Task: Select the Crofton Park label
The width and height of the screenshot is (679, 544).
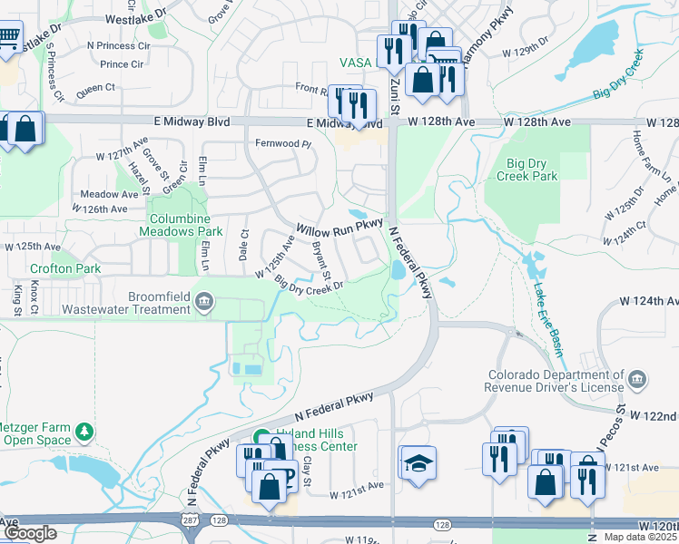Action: pyautogui.click(x=53, y=268)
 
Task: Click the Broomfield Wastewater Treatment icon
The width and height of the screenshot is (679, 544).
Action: pyautogui.click(x=205, y=301)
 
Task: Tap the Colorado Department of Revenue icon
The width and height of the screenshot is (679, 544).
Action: pyautogui.click(x=636, y=376)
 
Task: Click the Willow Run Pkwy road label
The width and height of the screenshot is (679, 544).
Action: pyautogui.click(x=339, y=226)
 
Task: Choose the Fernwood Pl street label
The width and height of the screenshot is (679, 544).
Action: pyautogui.click(x=283, y=143)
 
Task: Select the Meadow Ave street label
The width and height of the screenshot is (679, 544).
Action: pyautogui.click(x=109, y=194)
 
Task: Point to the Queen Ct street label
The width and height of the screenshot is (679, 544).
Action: pyautogui.click(x=96, y=88)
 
